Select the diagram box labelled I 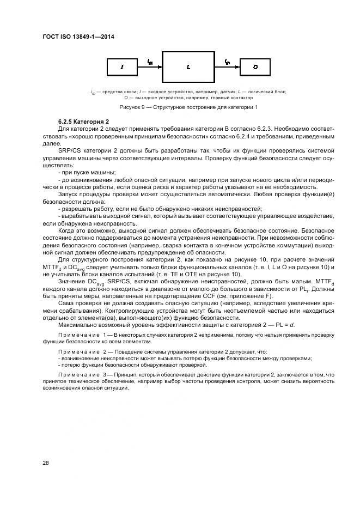123,67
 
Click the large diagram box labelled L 188,67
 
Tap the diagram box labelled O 255,67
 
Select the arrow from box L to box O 228,67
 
